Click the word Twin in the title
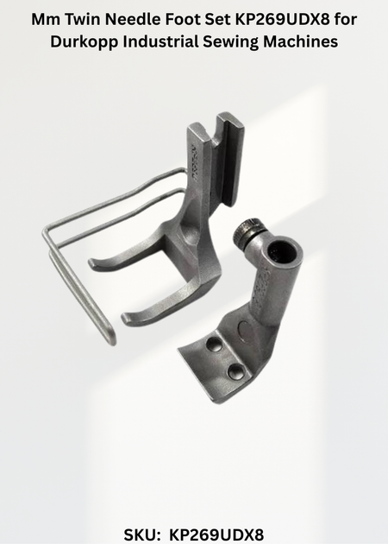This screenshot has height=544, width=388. point(83,19)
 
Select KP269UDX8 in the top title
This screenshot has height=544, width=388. point(283,19)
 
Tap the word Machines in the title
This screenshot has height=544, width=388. point(300,41)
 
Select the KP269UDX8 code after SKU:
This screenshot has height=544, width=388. point(216,535)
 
